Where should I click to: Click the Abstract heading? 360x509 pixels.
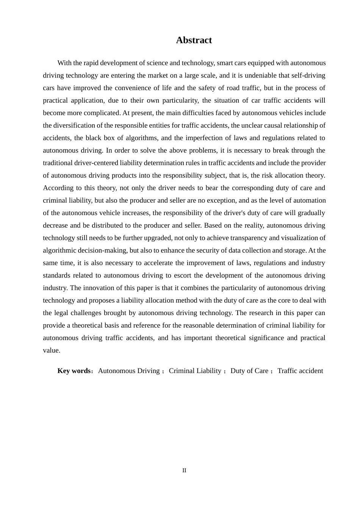click(x=194, y=40)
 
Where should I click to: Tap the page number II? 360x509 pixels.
click(x=184, y=470)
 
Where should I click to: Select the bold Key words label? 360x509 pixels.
click(x=74, y=371)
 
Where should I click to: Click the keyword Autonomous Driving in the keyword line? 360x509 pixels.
click(x=129, y=371)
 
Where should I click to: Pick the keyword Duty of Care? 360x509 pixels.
click(x=249, y=371)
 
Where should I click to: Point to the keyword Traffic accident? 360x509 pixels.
click(x=300, y=371)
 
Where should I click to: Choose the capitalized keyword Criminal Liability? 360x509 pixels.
click(x=195, y=371)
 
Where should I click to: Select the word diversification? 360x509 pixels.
click(x=78, y=125)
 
